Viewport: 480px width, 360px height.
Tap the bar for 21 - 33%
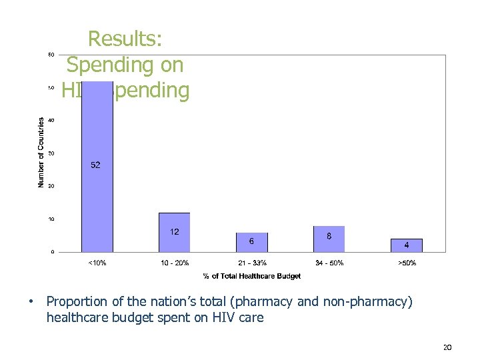252,242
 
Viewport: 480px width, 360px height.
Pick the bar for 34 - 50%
329,239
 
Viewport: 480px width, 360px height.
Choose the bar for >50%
407,245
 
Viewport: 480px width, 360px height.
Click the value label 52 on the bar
96,165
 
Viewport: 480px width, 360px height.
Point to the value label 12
175,232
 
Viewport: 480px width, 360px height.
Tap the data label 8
329,235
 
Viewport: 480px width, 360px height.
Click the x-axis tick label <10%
97,263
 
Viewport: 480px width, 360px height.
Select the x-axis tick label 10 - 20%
175,263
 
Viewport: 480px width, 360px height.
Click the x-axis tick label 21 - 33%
252,263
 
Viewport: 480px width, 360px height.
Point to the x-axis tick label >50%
407,263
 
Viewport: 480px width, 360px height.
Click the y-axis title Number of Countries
41,152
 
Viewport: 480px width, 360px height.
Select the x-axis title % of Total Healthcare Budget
252,276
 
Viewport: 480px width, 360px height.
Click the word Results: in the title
125,39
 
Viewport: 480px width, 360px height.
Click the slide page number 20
447,347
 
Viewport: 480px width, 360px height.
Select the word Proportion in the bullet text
77,302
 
